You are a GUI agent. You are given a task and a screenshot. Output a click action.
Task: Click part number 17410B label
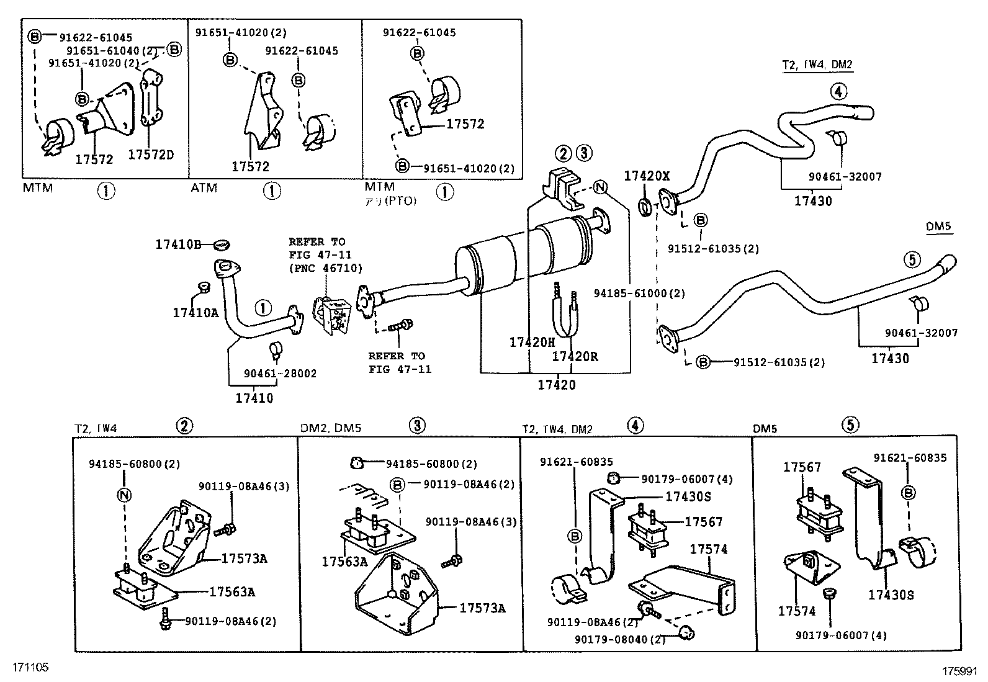point(178,245)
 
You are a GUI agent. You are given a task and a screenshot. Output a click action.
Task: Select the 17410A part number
point(195,313)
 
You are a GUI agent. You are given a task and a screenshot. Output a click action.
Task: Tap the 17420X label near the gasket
point(647,176)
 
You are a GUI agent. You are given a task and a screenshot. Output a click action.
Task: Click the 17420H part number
point(532,342)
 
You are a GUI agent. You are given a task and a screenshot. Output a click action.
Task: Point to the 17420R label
point(575,356)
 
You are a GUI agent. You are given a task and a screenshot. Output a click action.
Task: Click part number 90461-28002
point(280,374)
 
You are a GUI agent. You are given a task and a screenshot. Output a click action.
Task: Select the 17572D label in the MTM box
point(151,154)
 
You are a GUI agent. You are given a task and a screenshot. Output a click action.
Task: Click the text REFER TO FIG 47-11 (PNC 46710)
point(325,254)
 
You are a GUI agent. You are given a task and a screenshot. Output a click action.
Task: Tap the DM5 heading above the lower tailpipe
point(938,227)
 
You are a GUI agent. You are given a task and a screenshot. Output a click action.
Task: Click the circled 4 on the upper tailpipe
point(837,92)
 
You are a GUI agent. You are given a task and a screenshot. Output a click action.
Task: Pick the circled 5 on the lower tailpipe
point(911,259)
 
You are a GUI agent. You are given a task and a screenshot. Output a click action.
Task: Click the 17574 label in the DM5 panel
point(796,611)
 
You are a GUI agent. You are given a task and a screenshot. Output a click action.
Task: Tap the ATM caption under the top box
point(204,187)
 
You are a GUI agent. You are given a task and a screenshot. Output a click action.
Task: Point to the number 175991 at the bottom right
point(959,671)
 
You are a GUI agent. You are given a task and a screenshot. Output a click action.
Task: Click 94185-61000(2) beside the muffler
point(639,293)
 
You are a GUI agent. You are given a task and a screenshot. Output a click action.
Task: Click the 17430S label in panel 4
point(688,496)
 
